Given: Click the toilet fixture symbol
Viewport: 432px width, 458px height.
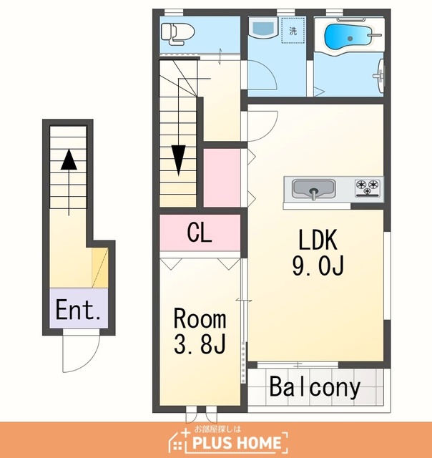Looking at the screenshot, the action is pyautogui.click(x=178, y=34).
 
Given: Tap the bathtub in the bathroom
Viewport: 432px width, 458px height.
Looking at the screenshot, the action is pyautogui.click(x=348, y=37).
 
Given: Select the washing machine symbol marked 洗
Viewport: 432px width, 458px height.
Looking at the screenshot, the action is pyautogui.click(x=293, y=30).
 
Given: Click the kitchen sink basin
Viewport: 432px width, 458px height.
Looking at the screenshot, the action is pyautogui.click(x=314, y=189).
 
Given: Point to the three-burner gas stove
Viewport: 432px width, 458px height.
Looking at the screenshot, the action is pyautogui.click(x=368, y=187).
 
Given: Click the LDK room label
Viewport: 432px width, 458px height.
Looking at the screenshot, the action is pyautogui.click(x=318, y=240).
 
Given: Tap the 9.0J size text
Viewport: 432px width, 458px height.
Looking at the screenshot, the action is pyautogui.click(x=318, y=265).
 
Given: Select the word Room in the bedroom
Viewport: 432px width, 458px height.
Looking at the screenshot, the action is pyautogui.click(x=200, y=318).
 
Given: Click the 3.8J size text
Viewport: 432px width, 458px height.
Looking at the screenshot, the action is pyautogui.click(x=200, y=344).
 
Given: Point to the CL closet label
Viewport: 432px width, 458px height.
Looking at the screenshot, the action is pyautogui.click(x=200, y=233).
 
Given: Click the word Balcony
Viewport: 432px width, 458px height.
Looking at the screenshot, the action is pyautogui.click(x=315, y=386).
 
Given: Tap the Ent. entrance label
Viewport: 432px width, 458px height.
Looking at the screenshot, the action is pyautogui.click(x=78, y=310).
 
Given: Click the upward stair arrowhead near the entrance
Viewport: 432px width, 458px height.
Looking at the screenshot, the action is pyautogui.click(x=69, y=160).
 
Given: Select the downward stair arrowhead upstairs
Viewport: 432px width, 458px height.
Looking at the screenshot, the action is pyautogui.click(x=178, y=160).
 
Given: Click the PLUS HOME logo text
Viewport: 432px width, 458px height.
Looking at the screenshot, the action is pyautogui.click(x=237, y=442).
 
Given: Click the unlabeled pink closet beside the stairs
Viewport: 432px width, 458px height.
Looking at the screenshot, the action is pyautogui.click(x=222, y=178).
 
